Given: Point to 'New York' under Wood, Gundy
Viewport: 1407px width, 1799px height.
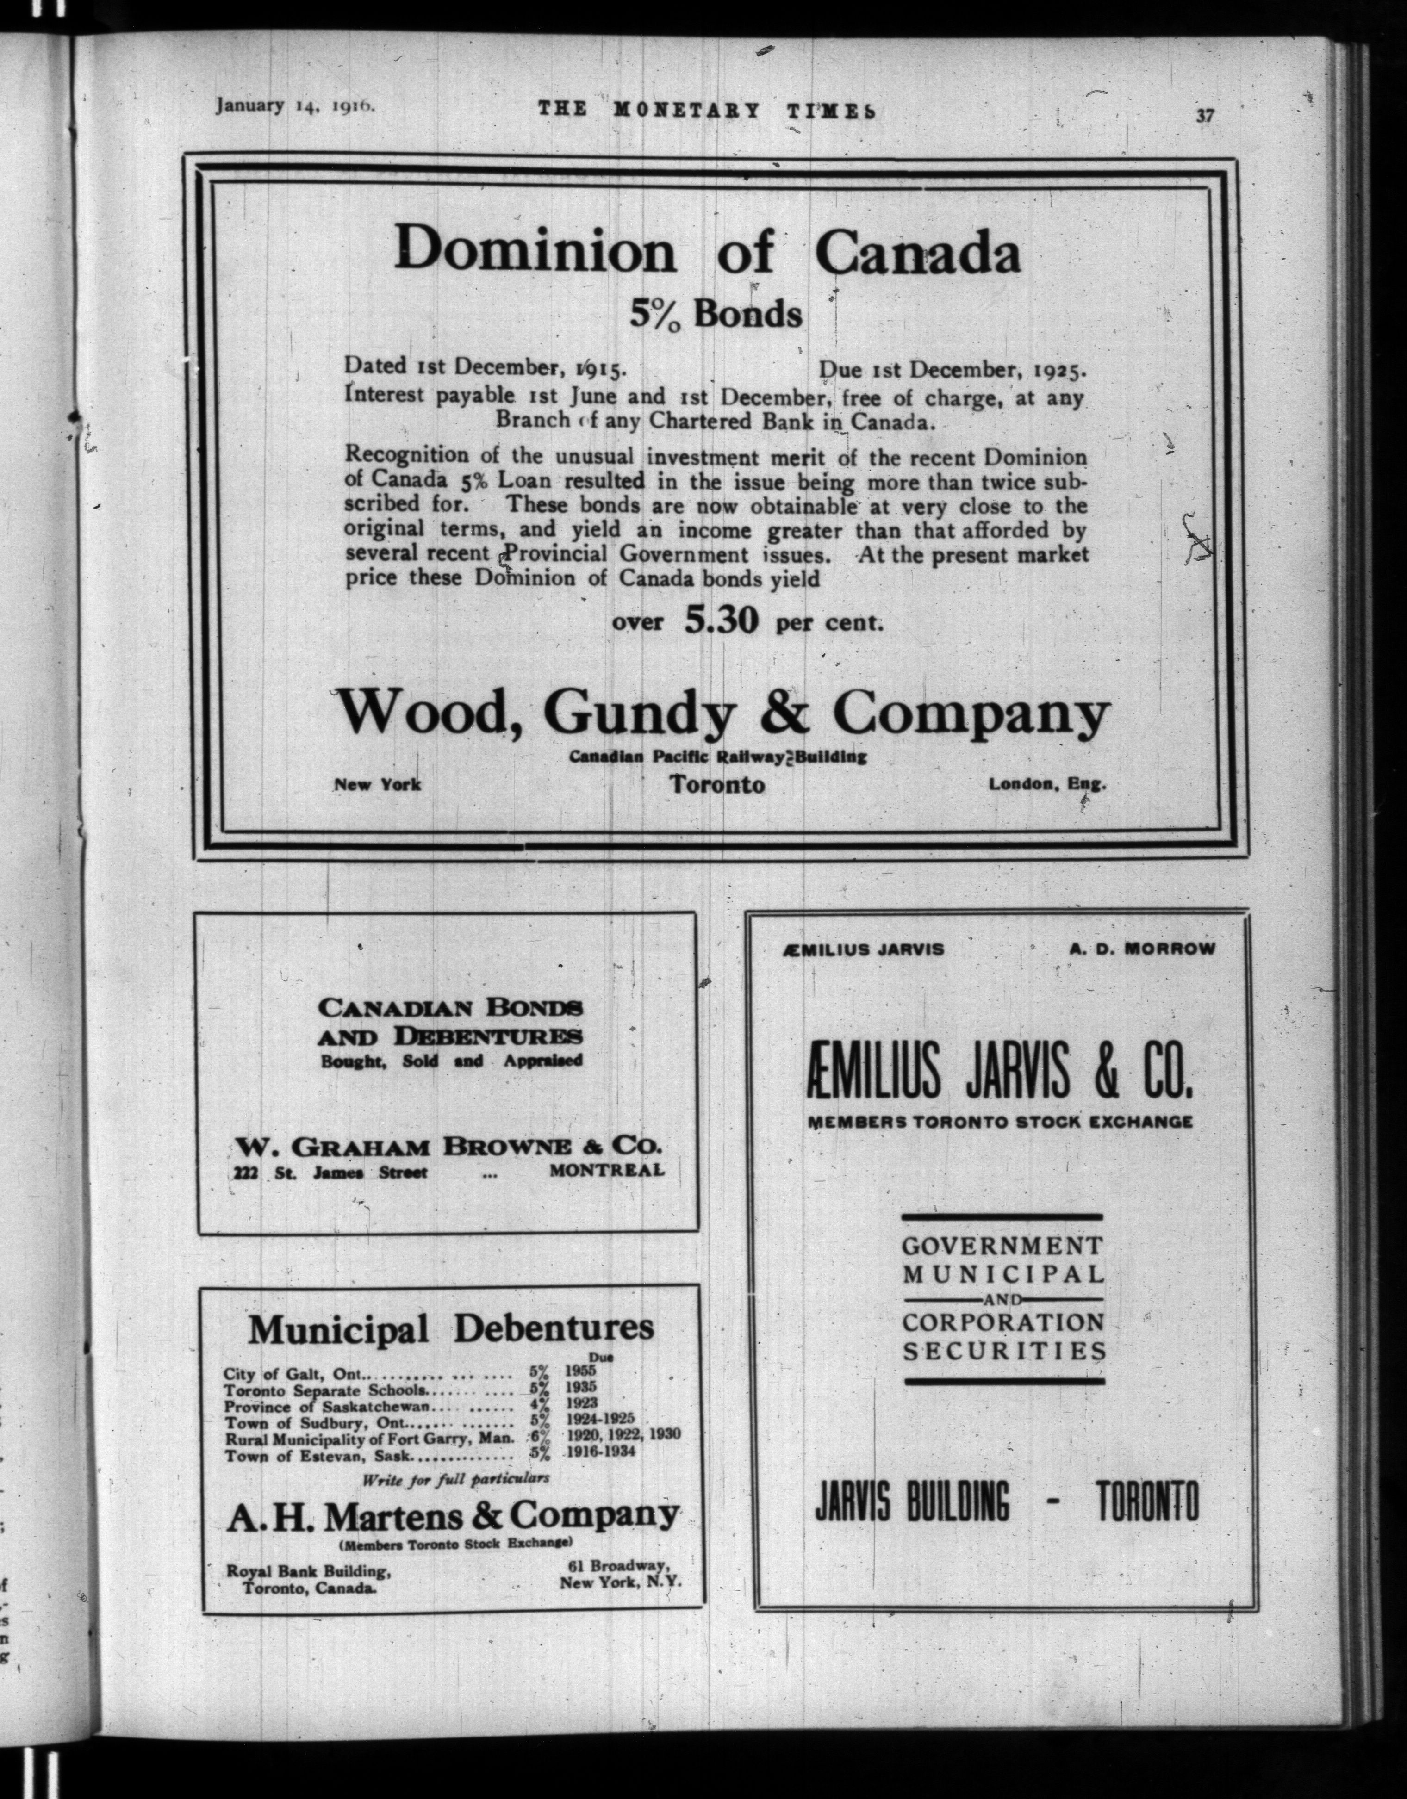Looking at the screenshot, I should (377, 784).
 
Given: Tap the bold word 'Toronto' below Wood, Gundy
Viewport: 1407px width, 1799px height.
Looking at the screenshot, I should (716, 784).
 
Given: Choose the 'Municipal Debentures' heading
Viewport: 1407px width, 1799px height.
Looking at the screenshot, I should (451, 1328).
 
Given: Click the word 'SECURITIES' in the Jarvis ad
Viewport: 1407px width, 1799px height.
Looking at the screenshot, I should (1004, 1352).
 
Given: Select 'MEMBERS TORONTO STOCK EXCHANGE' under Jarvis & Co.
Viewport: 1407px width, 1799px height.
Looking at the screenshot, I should (1000, 1122).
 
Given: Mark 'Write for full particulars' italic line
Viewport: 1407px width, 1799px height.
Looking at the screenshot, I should (455, 1478).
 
